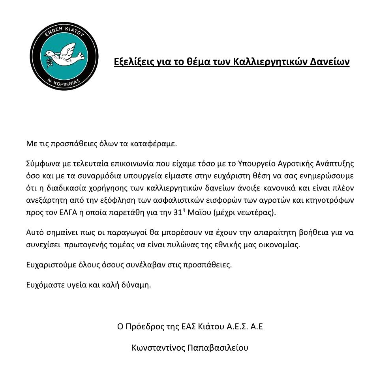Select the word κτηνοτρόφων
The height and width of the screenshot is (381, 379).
coord(332,200)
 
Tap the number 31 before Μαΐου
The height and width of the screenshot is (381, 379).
coord(176,213)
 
